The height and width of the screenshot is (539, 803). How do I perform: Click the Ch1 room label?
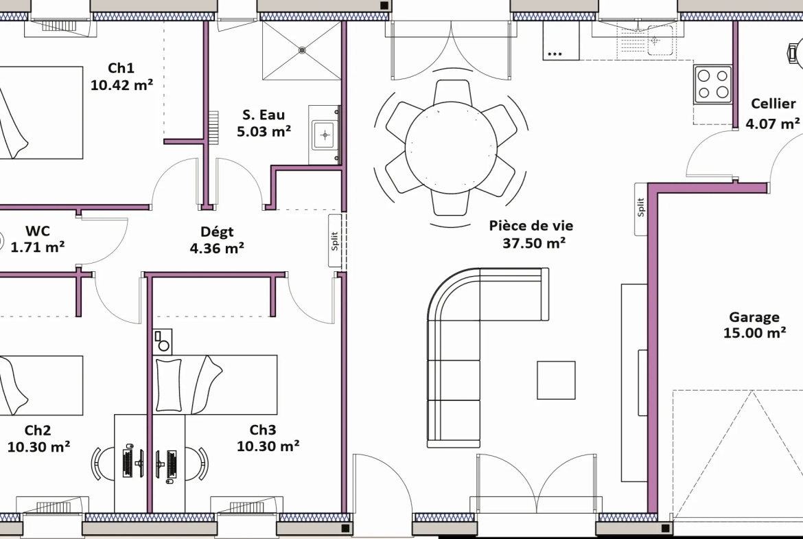(121, 68)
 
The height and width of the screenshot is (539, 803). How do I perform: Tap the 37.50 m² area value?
(534, 242)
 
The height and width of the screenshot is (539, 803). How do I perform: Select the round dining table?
(451, 148)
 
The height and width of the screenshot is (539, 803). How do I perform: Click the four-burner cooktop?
(713, 84)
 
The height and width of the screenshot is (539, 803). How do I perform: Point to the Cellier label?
(773, 104)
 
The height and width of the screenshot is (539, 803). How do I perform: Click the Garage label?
(754, 317)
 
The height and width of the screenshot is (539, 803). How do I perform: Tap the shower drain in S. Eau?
(302, 50)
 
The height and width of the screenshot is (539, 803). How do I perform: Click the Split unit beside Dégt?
(335, 241)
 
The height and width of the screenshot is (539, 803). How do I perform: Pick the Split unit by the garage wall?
(641, 209)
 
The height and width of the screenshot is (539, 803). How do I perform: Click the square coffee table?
(556, 380)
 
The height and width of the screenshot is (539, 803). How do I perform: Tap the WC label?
(37, 231)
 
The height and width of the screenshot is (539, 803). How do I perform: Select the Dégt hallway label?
(217, 232)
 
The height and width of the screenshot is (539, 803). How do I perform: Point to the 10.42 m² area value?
(121, 84)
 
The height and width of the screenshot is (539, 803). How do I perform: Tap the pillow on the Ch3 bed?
(168, 385)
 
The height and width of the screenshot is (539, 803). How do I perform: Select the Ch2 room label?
(38, 431)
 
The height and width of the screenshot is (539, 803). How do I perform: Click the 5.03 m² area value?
(264, 131)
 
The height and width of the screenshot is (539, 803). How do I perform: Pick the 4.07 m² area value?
(773, 124)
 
